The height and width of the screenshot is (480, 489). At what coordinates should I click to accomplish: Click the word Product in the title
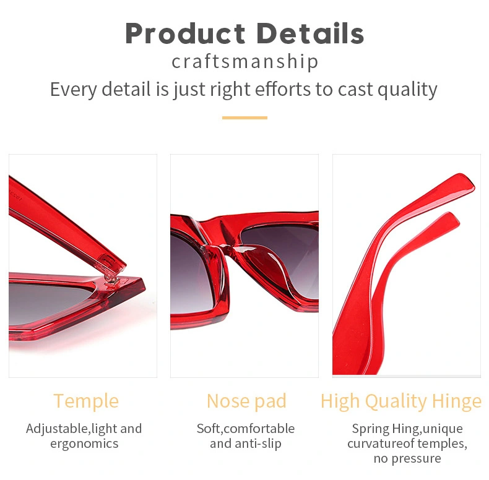(186, 33)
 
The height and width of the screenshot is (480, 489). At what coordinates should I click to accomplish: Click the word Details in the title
(310, 33)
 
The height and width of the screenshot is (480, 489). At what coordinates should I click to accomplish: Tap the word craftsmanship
(245, 61)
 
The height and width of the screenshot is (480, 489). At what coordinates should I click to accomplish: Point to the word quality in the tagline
(407, 90)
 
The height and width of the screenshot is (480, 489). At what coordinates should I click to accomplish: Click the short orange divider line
(245, 118)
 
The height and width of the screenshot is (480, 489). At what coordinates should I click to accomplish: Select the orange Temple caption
(86, 401)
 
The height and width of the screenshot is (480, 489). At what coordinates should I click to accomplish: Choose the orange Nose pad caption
(246, 401)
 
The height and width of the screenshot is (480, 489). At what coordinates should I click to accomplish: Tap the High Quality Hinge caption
(401, 401)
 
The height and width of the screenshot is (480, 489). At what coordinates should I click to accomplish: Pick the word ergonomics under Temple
(84, 444)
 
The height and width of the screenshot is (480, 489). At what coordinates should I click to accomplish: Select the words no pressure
(407, 458)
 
